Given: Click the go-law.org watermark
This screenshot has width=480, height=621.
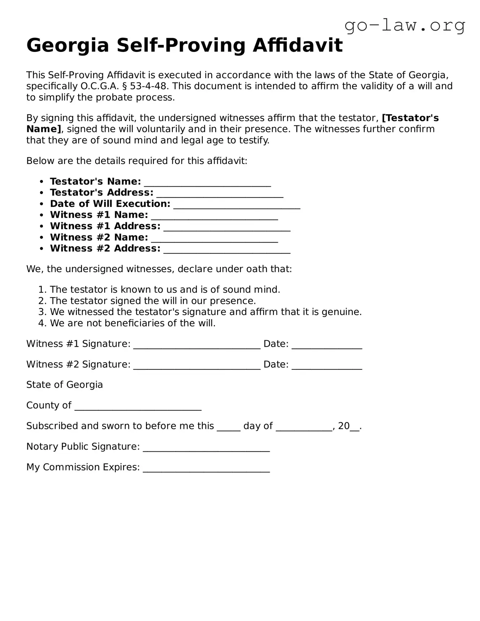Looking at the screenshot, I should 405,26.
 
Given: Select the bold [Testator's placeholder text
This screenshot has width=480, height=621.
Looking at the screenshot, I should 410,118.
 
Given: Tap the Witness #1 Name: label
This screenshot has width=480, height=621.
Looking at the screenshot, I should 99,215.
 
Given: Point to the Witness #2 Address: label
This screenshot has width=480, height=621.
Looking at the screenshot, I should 105,248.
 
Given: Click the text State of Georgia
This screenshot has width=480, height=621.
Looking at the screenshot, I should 65,385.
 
